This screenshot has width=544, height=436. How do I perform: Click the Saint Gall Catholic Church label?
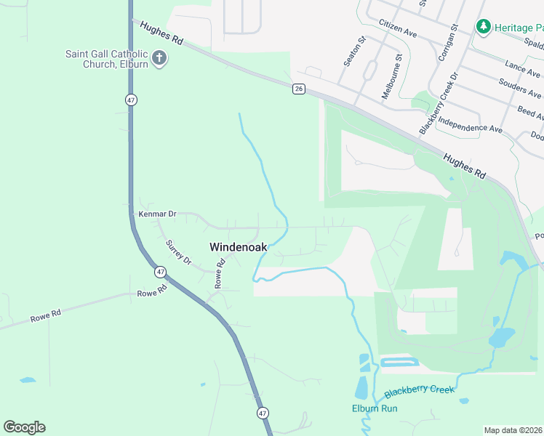[x=106, y=59]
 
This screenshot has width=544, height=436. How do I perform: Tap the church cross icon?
[x=159, y=57]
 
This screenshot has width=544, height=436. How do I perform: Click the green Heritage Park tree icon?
[x=483, y=27]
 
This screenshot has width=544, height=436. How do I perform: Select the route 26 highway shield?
[x=299, y=89]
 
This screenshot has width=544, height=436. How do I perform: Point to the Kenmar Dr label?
[x=157, y=214]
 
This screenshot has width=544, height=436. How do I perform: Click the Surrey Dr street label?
[x=177, y=251]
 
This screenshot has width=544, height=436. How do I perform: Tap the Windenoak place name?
[x=237, y=247]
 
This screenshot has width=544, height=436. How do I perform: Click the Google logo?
[x=24, y=427]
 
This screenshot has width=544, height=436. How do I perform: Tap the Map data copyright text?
[x=513, y=430]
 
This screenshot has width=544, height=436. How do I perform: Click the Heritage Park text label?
[x=519, y=28]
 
